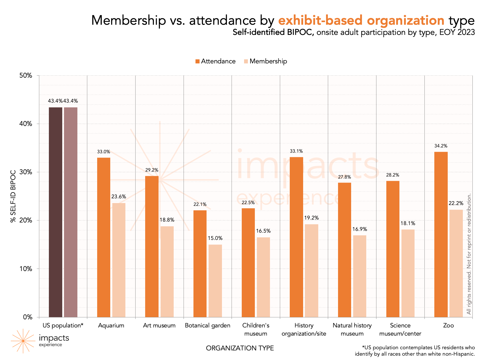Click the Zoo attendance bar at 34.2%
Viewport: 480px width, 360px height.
(441, 234)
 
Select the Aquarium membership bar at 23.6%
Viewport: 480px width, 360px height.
(119, 260)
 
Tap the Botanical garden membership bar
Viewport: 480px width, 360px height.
(215, 281)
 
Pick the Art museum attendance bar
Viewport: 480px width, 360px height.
(152, 246)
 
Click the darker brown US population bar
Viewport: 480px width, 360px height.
(55, 212)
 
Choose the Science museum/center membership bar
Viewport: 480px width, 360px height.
(408, 273)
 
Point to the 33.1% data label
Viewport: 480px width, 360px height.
(296, 151)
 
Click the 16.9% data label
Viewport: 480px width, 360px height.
(360, 229)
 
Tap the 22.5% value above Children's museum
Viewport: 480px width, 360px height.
(248, 203)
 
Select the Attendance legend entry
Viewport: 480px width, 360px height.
(215, 61)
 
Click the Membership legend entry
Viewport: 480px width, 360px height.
(265, 61)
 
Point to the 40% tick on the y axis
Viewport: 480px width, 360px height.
(26, 124)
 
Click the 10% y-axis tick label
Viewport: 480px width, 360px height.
(26, 269)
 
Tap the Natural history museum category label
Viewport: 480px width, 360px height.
(352, 329)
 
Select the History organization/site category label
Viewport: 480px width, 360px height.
(304, 329)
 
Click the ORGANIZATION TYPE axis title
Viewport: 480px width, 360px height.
(240, 348)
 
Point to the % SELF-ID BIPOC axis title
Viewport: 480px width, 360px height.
(13, 196)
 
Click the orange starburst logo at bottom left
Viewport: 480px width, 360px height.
(23, 341)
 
